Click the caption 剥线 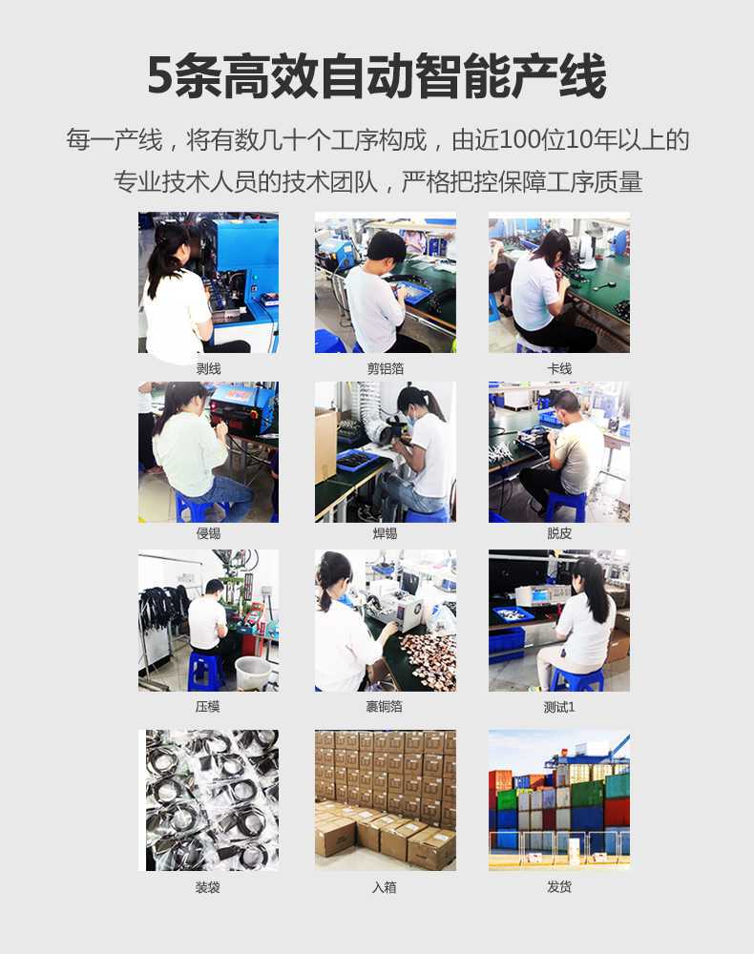click(208, 368)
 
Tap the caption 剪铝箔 click(385, 368)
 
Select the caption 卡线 click(559, 368)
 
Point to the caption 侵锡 click(208, 533)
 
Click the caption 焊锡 click(385, 533)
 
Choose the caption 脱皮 click(559, 533)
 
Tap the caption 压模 click(208, 707)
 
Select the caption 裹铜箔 click(385, 707)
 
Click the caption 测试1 click(559, 707)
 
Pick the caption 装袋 click(208, 887)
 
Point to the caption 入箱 click(385, 887)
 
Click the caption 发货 click(559, 887)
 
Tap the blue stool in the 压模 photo click(204, 671)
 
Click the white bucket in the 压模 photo click(252, 672)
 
